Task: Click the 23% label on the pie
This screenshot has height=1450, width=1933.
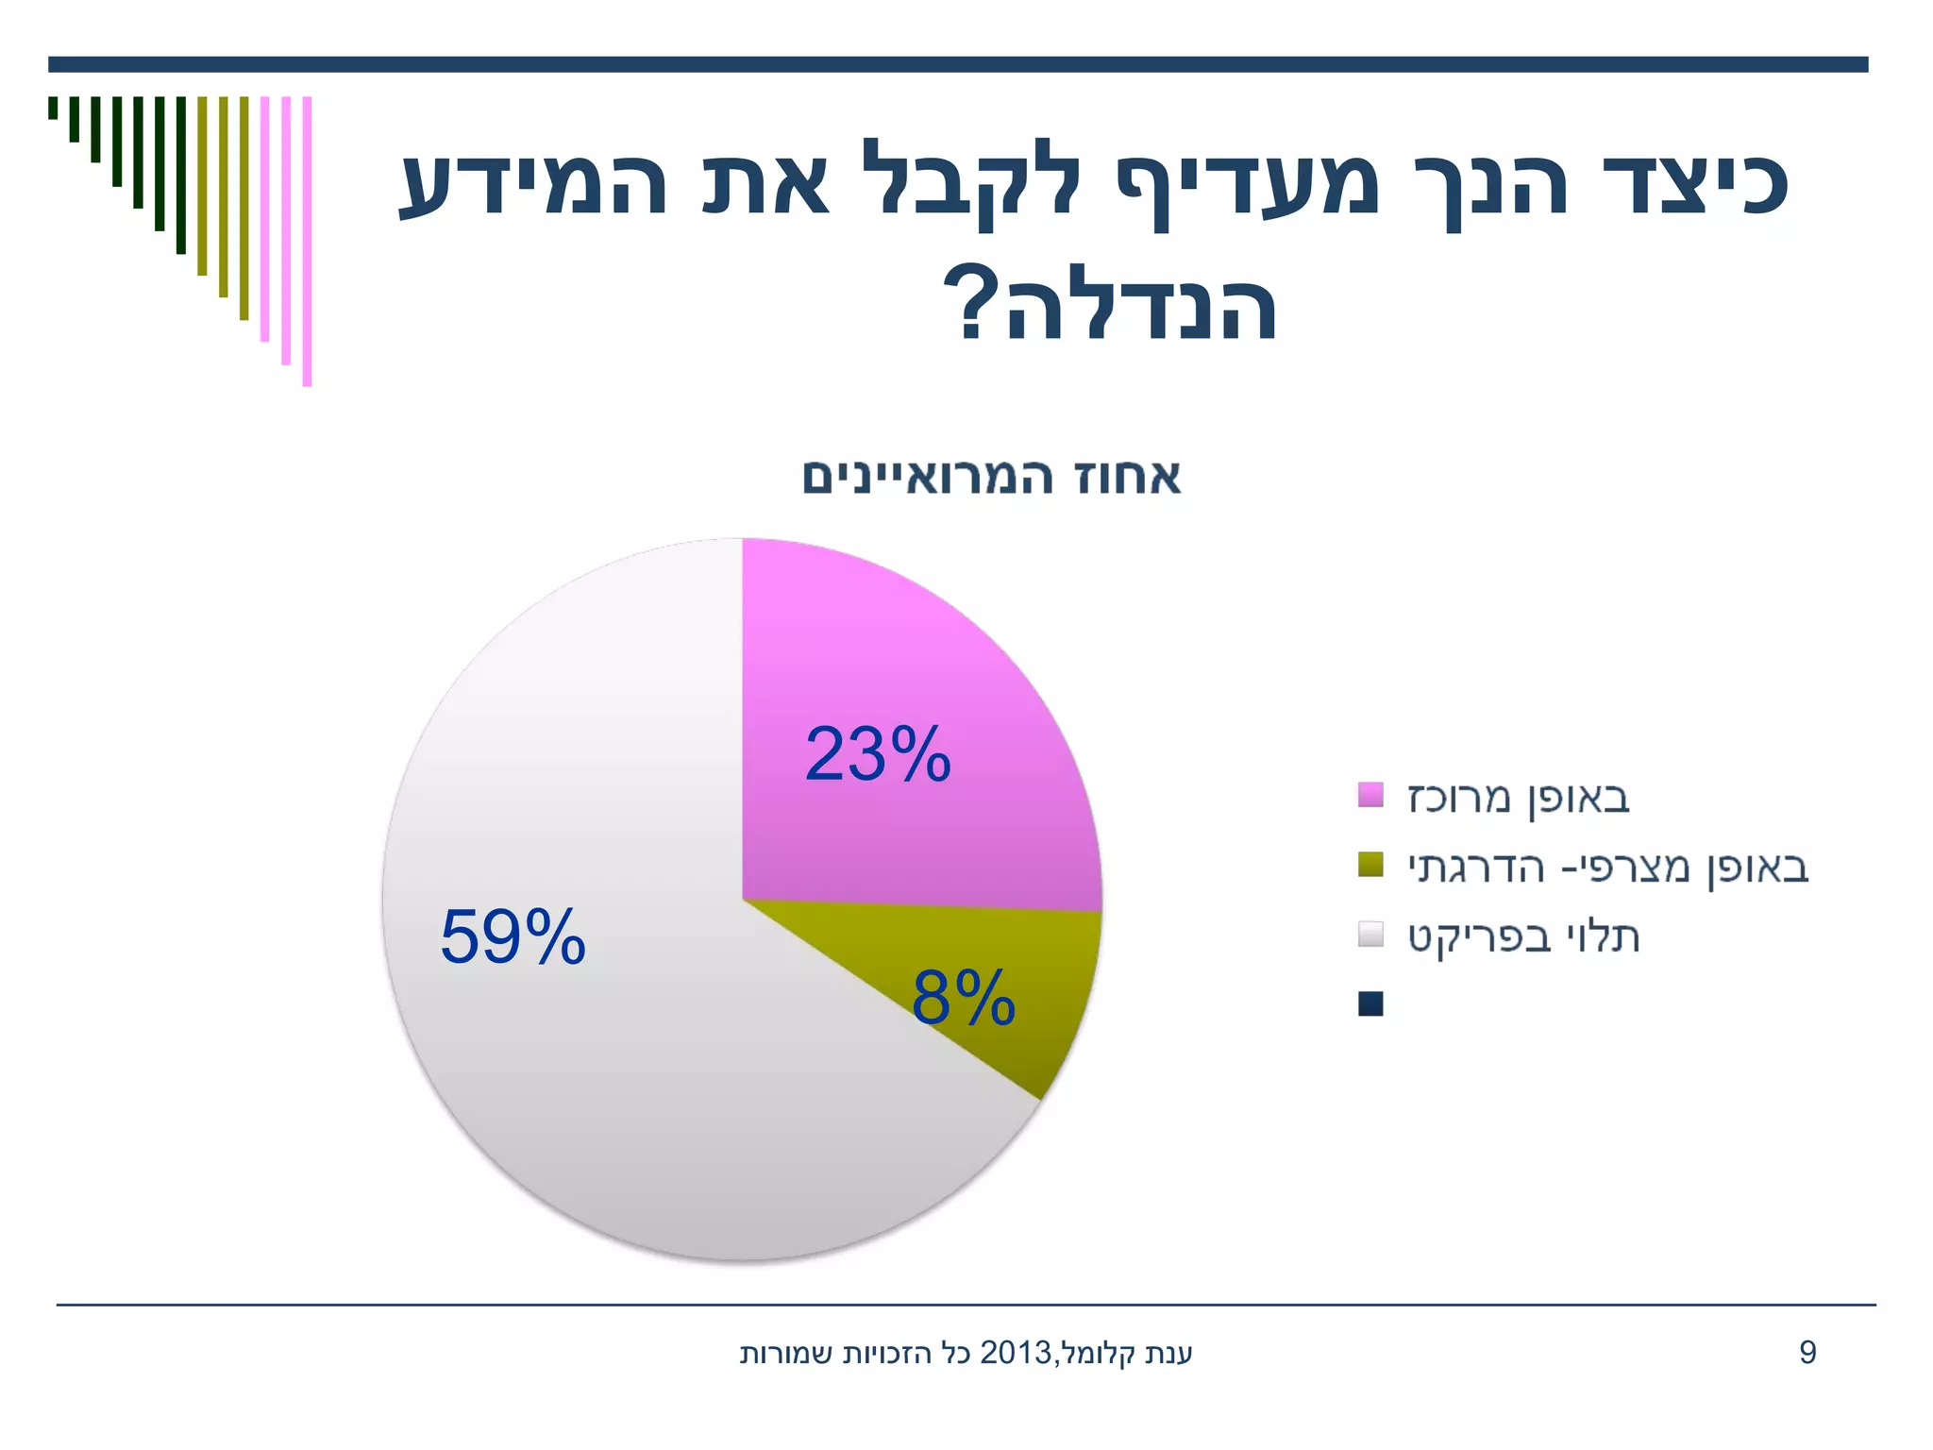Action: [x=877, y=754]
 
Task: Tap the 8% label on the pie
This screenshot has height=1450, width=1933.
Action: [x=963, y=998]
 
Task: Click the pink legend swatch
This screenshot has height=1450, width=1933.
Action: [x=1370, y=795]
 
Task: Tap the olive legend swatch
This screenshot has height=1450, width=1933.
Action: [x=1370, y=865]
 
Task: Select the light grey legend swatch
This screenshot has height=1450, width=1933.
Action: [x=1370, y=935]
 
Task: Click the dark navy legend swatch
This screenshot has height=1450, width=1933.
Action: [x=1370, y=1003]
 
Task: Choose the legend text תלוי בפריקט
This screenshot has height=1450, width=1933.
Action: [x=1523, y=936]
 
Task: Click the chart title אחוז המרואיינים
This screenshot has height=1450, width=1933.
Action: [x=991, y=477]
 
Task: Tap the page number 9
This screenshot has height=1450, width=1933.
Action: [x=1807, y=1353]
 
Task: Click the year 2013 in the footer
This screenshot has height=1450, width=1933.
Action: [x=1017, y=1354]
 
